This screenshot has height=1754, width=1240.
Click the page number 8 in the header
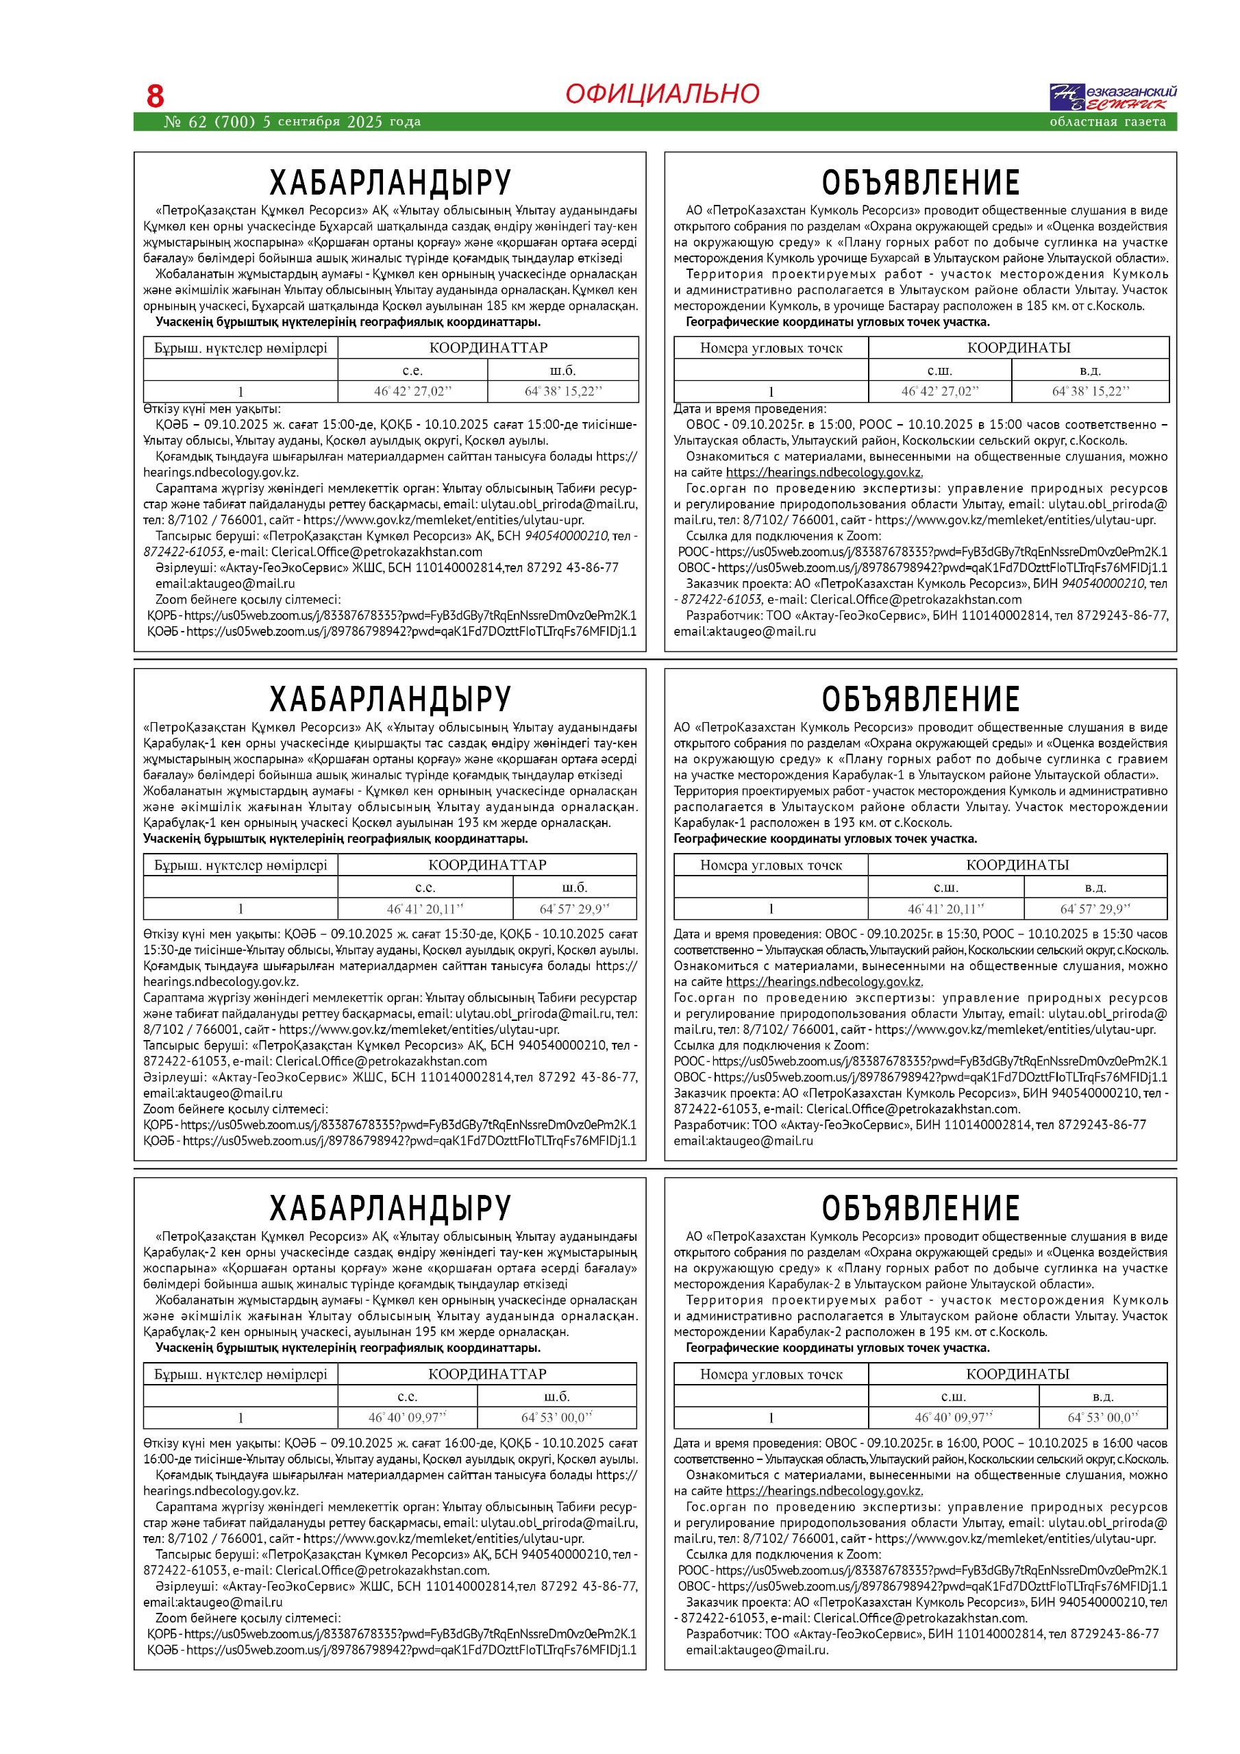pyautogui.click(x=155, y=96)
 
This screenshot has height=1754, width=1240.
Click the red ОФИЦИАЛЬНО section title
pyautogui.click(x=662, y=94)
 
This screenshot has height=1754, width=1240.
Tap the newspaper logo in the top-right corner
pyautogui.click(x=1113, y=97)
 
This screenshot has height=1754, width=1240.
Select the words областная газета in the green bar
pyautogui.click(x=1107, y=121)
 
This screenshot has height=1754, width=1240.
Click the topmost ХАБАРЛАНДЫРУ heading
pyautogui.click(x=390, y=182)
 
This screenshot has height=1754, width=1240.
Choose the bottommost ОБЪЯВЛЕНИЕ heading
pyautogui.click(x=921, y=1208)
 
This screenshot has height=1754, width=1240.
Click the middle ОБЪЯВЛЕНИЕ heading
pyautogui.click(x=921, y=699)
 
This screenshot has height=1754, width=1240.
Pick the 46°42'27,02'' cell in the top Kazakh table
pyautogui.click(x=412, y=391)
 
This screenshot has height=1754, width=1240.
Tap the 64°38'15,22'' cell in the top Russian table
pyautogui.click(x=1090, y=391)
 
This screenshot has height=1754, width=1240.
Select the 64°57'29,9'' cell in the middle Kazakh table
pyautogui.click(x=575, y=909)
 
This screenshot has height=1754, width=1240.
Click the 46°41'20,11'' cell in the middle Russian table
pyautogui.click(x=946, y=909)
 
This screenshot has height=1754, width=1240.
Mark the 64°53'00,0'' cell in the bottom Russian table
pyautogui.click(x=1102, y=1417)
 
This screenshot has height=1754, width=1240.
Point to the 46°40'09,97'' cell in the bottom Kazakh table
pyautogui.click(x=407, y=1417)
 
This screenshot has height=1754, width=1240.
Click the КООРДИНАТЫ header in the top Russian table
pyautogui.click(x=1019, y=347)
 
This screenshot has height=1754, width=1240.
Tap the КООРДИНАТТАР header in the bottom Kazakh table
pyautogui.click(x=488, y=1374)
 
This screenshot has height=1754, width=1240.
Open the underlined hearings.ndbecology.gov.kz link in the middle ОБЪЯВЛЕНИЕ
pyautogui.click(x=823, y=982)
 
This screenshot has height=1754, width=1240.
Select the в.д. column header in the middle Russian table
pyautogui.click(x=1095, y=887)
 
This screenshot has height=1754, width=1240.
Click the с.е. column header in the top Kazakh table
pyautogui.click(x=412, y=370)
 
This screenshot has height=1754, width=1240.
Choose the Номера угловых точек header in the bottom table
pyautogui.click(x=771, y=1374)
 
